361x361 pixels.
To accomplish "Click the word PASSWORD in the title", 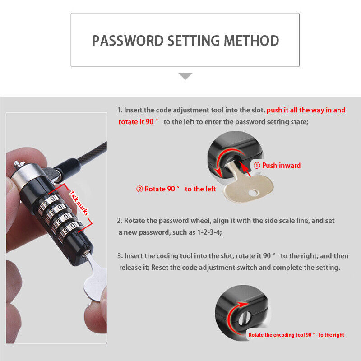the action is pyautogui.click(x=128, y=41).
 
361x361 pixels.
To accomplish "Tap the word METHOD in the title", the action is pyautogui.click(x=251, y=41).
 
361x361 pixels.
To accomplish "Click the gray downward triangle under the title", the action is pyautogui.click(x=185, y=76).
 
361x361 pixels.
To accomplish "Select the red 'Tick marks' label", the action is pyautogui.click(x=79, y=203).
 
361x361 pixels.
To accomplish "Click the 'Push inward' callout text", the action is pyautogui.click(x=281, y=165).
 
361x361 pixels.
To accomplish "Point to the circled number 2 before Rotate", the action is pyautogui.click(x=139, y=189).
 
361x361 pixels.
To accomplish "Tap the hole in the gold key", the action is pyautogui.click(x=253, y=193).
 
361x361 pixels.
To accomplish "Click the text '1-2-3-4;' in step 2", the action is pyautogui.click(x=209, y=232).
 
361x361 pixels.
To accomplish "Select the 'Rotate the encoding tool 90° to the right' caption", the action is pyautogui.click(x=296, y=335).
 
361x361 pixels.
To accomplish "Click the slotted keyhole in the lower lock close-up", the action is pyautogui.click(x=243, y=318).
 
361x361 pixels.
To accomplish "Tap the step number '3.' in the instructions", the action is pyautogui.click(x=120, y=256).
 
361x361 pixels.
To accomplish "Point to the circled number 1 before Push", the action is pyautogui.click(x=257, y=165).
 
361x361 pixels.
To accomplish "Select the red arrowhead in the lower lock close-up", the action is pyautogui.click(x=243, y=304).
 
